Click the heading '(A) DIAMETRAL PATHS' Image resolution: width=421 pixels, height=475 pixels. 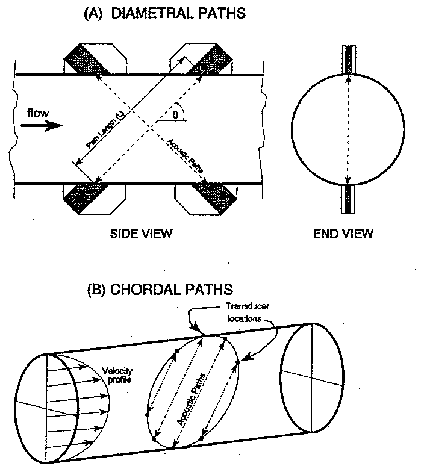pos(164,13)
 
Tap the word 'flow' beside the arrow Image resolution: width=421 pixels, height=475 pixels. pos(37,113)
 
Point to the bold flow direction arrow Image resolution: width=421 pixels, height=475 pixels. pos(40,126)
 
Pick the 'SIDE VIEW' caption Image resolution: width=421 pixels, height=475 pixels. pos(142,233)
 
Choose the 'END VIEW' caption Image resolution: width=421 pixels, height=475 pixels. pos(343,233)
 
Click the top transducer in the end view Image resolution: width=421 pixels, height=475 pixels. pos(348,60)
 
